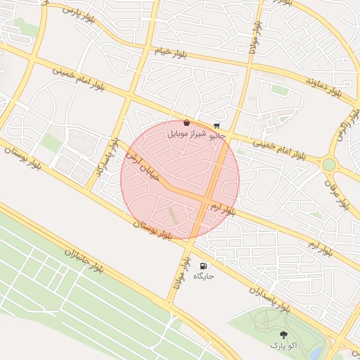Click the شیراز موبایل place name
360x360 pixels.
(186, 133)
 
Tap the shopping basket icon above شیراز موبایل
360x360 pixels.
(186, 123)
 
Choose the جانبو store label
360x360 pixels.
(216, 136)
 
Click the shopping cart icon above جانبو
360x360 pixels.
(216, 127)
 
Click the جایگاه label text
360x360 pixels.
(203, 276)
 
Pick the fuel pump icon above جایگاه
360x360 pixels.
(203, 266)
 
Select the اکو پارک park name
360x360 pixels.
(283, 346)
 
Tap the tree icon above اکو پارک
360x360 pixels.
(283, 336)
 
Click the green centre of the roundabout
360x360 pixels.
(328, 165)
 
